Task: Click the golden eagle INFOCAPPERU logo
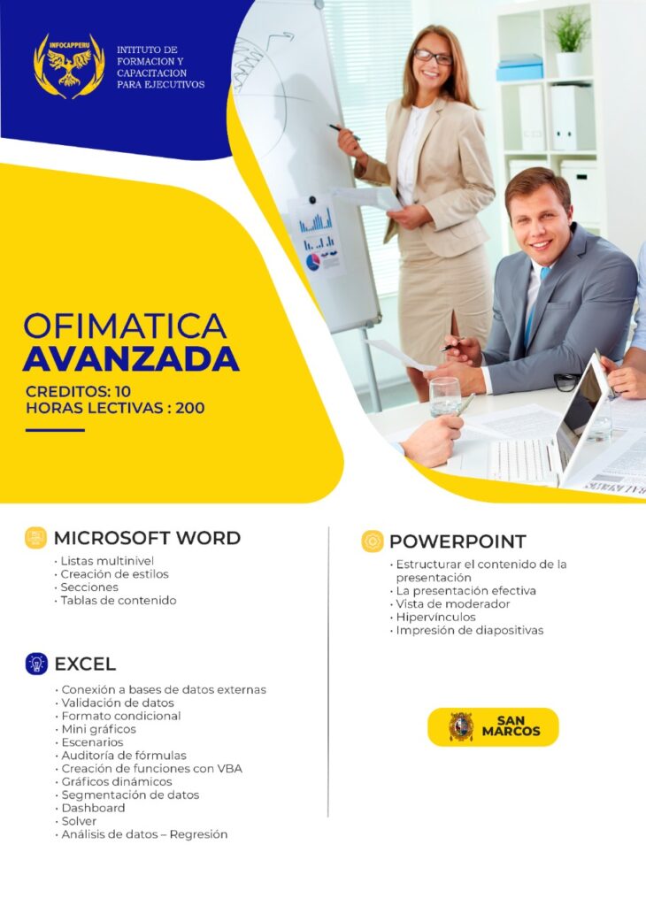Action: click(69, 65)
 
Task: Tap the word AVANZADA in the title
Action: click(131, 359)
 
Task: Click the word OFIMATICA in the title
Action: click(125, 326)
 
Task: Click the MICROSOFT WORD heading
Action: click(147, 538)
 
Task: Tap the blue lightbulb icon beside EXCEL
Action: click(36, 664)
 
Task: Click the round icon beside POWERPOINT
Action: click(373, 541)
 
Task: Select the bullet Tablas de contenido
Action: click(119, 600)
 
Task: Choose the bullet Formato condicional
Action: click(120, 716)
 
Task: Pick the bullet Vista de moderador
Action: click(452, 603)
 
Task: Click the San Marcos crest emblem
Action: click(460, 726)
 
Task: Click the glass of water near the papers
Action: click(445, 395)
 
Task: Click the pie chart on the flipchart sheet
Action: click(312, 262)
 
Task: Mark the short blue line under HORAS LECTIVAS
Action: click(55, 430)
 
